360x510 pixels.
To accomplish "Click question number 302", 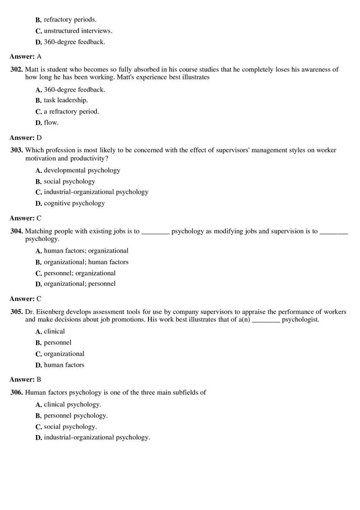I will click(16, 70).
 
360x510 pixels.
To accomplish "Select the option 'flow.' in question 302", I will click(51, 122).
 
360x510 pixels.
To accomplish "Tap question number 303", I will click(16, 150).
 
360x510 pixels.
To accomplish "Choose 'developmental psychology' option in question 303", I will click(82, 170).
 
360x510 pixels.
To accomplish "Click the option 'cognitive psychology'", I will click(74, 203).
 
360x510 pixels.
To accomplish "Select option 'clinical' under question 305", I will click(54, 331).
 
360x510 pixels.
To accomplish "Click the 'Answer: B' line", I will click(25, 379).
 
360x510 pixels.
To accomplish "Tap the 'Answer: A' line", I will click(25, 56).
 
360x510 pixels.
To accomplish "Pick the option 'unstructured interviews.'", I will click(78, 31).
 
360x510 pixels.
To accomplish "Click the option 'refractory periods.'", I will click(70, 20).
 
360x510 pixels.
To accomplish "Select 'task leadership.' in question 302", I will click(65, 100).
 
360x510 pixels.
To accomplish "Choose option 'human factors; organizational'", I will click(86, 251).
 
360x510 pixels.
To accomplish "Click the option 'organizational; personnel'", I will click(80, 284).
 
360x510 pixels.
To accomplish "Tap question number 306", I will click(16, 392).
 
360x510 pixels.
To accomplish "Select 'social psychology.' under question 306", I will click(70, 427).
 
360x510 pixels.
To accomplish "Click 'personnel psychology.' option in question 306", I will click(76, 416).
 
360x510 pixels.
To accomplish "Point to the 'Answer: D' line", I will click(25, 138).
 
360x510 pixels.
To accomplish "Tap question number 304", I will click(16, 231).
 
